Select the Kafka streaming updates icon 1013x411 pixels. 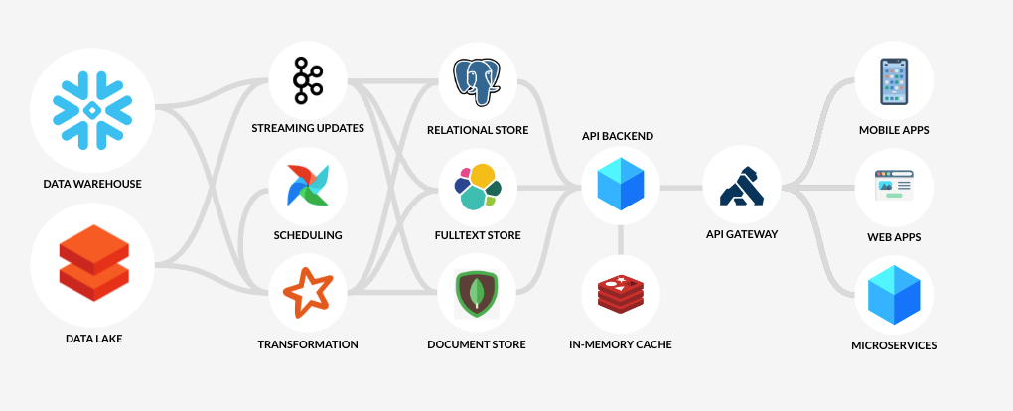click(x=307, y=80)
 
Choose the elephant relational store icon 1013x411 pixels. click(x=477, y=80)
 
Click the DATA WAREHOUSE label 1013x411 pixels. click(x=92, y=184)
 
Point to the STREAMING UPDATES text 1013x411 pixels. click(x=308, y=129)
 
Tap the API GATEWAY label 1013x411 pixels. click(x=741, y=234)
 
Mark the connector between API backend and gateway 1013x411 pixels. click(x=680, y=188)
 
